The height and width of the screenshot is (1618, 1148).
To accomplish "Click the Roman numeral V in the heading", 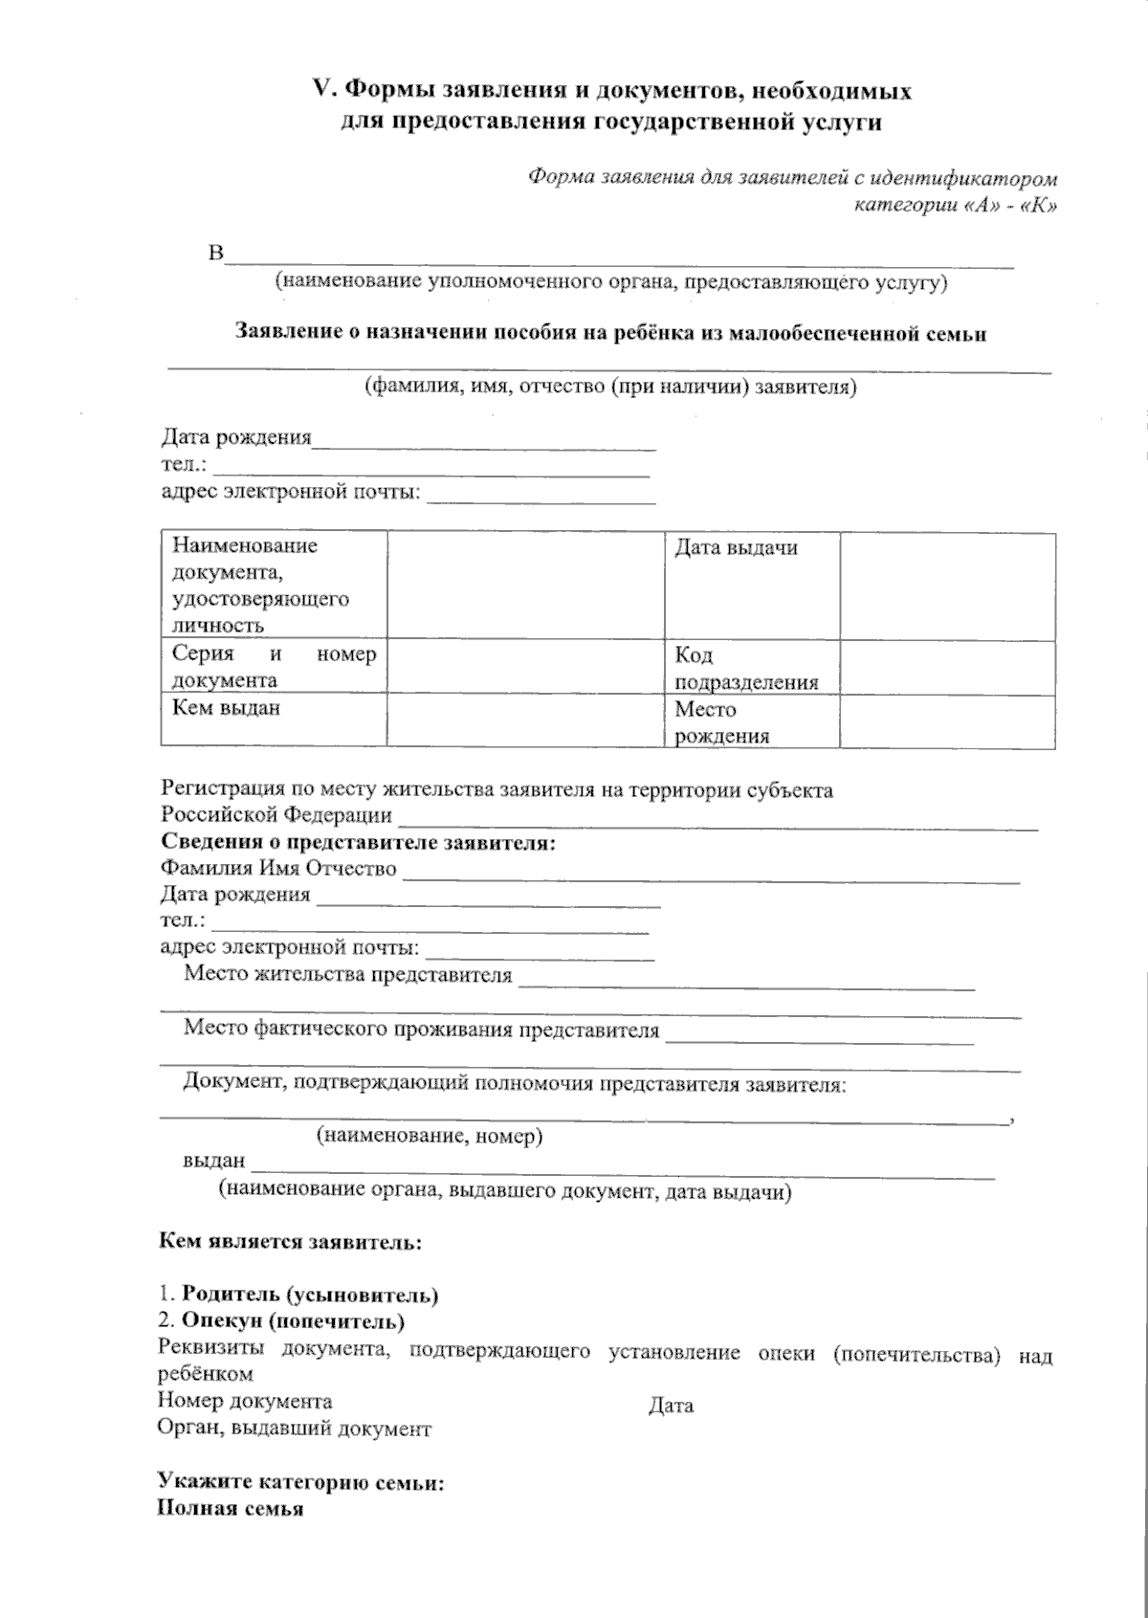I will click(x=322, y=90).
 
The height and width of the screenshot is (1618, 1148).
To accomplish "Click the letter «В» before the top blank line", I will click(x=215, y=255).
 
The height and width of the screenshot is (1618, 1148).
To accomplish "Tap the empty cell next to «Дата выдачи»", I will click(x=947, y=586).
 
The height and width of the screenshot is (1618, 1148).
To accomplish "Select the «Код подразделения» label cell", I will click(x=752, y=668).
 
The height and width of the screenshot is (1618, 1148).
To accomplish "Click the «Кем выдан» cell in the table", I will click(x=274, y=720).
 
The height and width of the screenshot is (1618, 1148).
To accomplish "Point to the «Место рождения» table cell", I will click(x=752, y=722).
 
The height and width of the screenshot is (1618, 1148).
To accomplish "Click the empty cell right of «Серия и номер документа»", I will click(x=525, y=667).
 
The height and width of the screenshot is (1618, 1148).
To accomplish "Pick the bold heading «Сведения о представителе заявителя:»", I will click(x=358, y=843).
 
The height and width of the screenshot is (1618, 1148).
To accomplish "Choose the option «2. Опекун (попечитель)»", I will click(x=281, y=1321).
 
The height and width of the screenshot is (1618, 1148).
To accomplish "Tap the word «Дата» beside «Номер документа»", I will click(x=671, y=1406).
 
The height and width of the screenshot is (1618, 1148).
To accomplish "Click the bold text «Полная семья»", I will click(x=230, y=1509).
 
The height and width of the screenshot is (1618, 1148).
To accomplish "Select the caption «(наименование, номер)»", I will click(x=430, y=1137).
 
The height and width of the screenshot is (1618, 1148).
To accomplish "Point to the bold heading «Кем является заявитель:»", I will click(x=290, y=1243).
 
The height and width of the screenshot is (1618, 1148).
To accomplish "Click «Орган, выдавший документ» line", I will click(x=294, y=1429).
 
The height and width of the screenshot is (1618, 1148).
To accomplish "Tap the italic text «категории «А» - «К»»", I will click(x=955, y=205).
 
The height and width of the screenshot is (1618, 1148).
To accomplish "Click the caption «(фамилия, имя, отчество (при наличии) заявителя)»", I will click(x=610, y=388).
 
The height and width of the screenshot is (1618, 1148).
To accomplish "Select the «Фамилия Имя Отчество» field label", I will click(x=278, y=869).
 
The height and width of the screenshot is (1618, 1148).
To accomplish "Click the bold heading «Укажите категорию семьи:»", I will click(x=301, y=1483).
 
